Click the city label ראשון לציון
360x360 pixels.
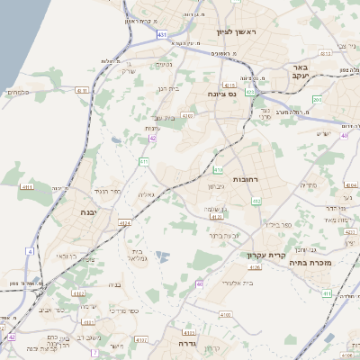click(x=236, y=31)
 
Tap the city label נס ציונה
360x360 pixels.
click(x=220, y=93)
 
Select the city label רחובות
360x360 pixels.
click(x=245, y=180)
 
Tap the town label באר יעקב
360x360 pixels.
click(x=300, y=73)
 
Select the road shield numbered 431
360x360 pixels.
click(x=161, y=34)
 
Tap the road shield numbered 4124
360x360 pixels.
click(x=125, y=222)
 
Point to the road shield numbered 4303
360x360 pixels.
click(x=187, y=115)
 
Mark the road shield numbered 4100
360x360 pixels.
click(x=225, y=315)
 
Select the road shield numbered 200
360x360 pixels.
click(x=318, y=99)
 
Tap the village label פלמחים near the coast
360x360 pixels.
click(x=19, y=91)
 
